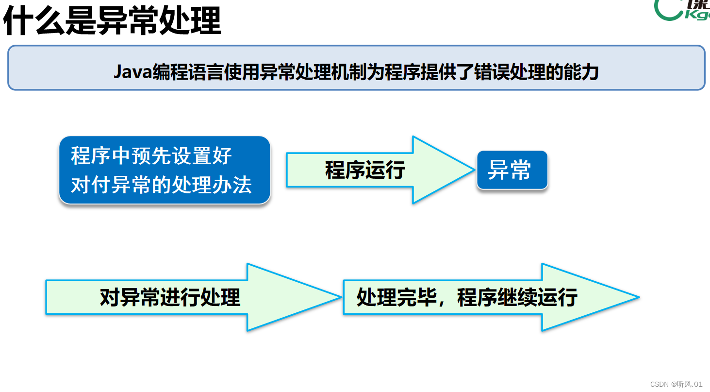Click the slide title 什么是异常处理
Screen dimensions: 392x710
pyautogui.click(x=112, y=20)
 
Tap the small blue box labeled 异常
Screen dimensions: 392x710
pyautogui.click(x=512, y=170)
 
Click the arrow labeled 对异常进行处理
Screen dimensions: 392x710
pyautogui.click(x=170, y=297)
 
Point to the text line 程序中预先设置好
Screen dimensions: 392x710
pyautogui.click(x=151, y=156)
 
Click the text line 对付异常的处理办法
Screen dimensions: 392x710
pyautogui.click(x=161, y=185)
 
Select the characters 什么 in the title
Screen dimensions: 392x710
pyautogui.click(x=33, y=20)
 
